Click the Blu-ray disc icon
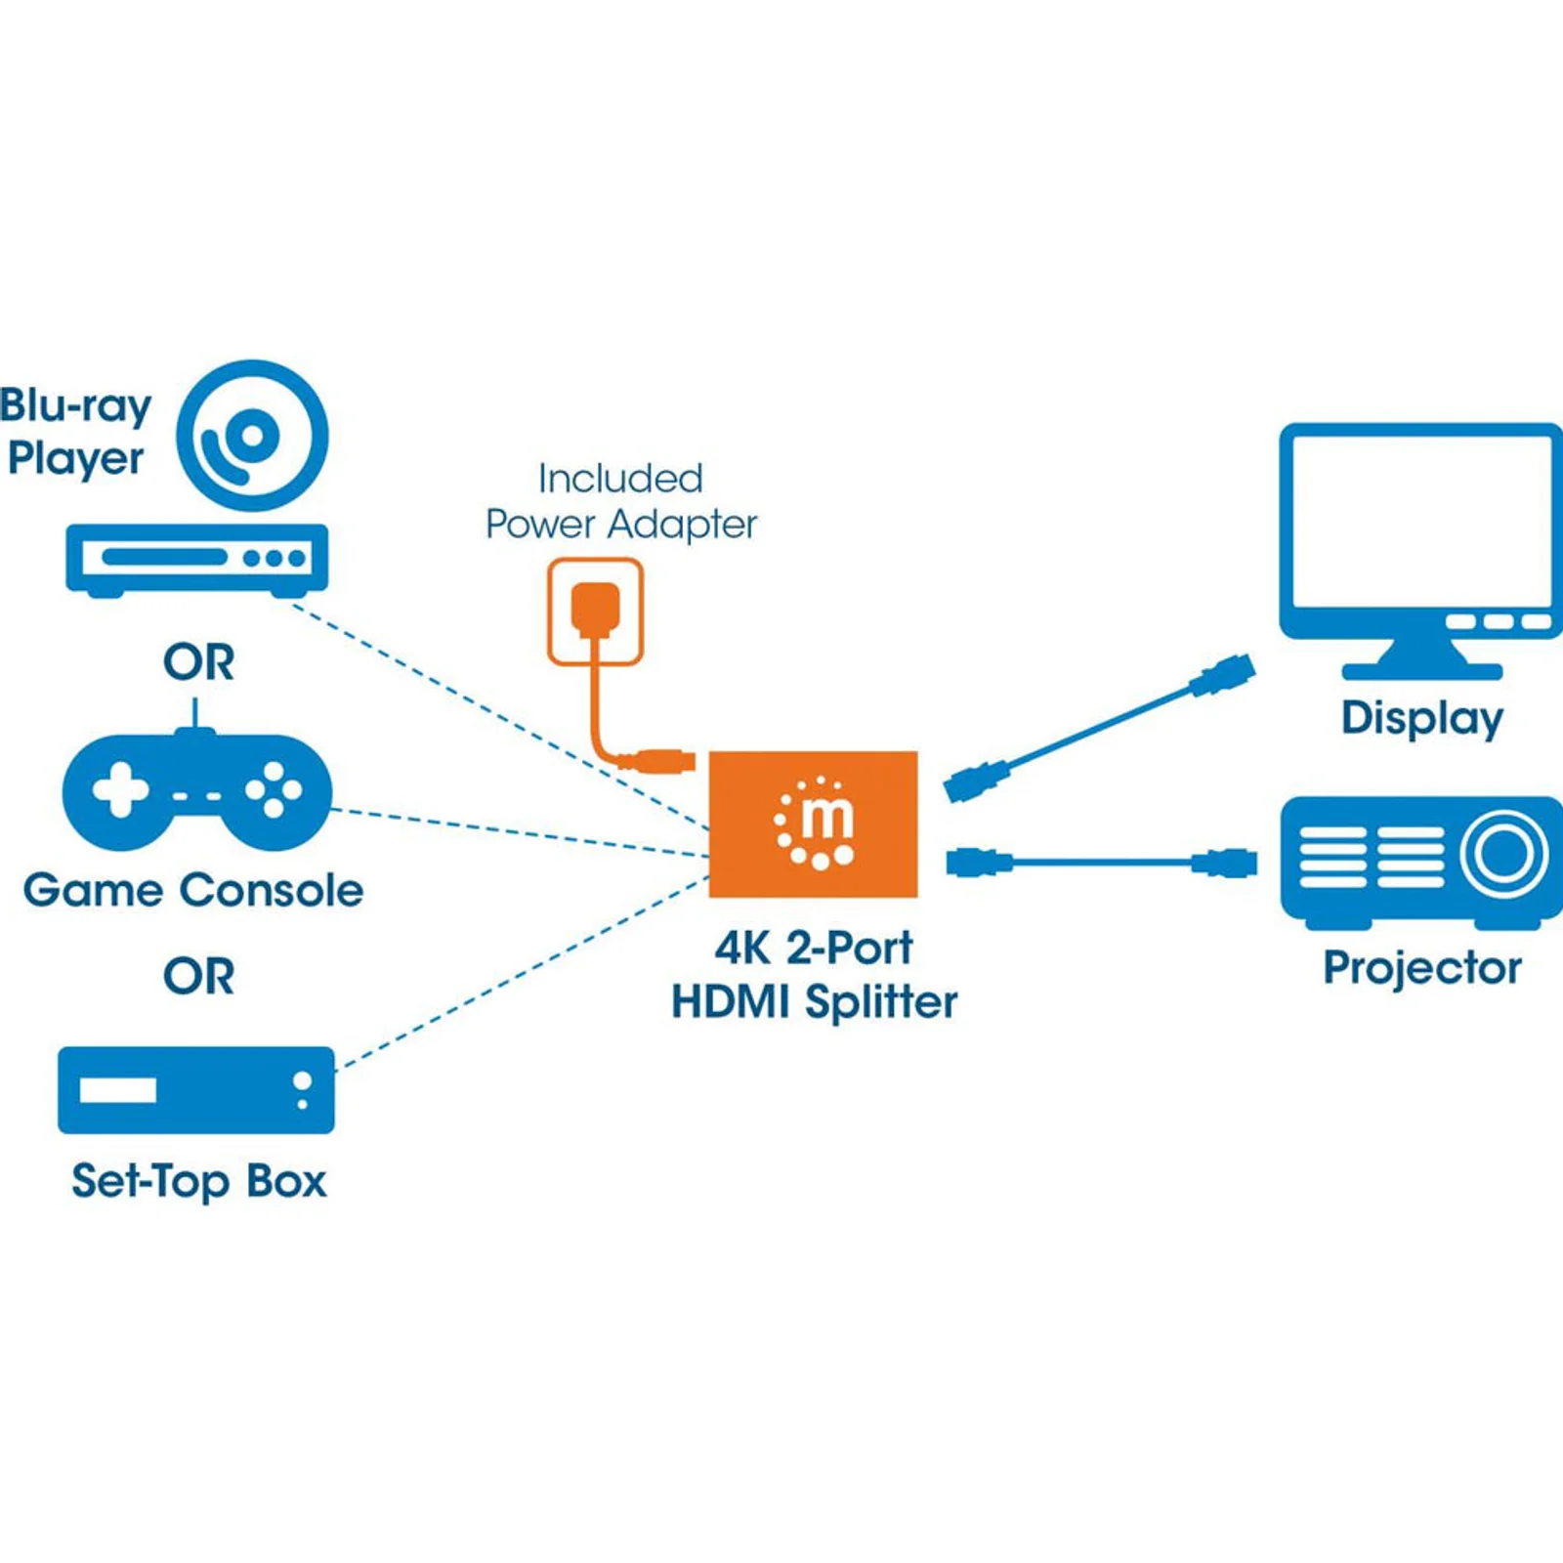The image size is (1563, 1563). (x=252, y=436)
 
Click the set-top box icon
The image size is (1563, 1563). (x=196, y=1090)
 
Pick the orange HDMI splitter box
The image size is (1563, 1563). (x=813, y=824)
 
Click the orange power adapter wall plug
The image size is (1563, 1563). (x=595, y=610)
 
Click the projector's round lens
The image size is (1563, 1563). (x=1504, y=853)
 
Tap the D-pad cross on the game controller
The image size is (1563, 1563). (x=120, y=789)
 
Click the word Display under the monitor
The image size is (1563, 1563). (x=1421, y=718)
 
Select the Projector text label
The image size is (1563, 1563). (x=1422, y=968)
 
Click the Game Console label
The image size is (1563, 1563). (x=193, y=890)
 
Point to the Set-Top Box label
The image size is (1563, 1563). (x=198, y=1181)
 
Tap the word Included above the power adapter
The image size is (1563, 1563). (x=620, y=479)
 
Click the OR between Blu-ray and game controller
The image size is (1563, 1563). (x=198, y=662)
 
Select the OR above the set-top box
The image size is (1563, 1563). (x=198, y=977)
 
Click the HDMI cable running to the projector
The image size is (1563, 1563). (x=1102, y=863)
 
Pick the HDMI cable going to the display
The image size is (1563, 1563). (x=1099, y=728)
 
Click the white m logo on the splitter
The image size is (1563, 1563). (x=816, y=823)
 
